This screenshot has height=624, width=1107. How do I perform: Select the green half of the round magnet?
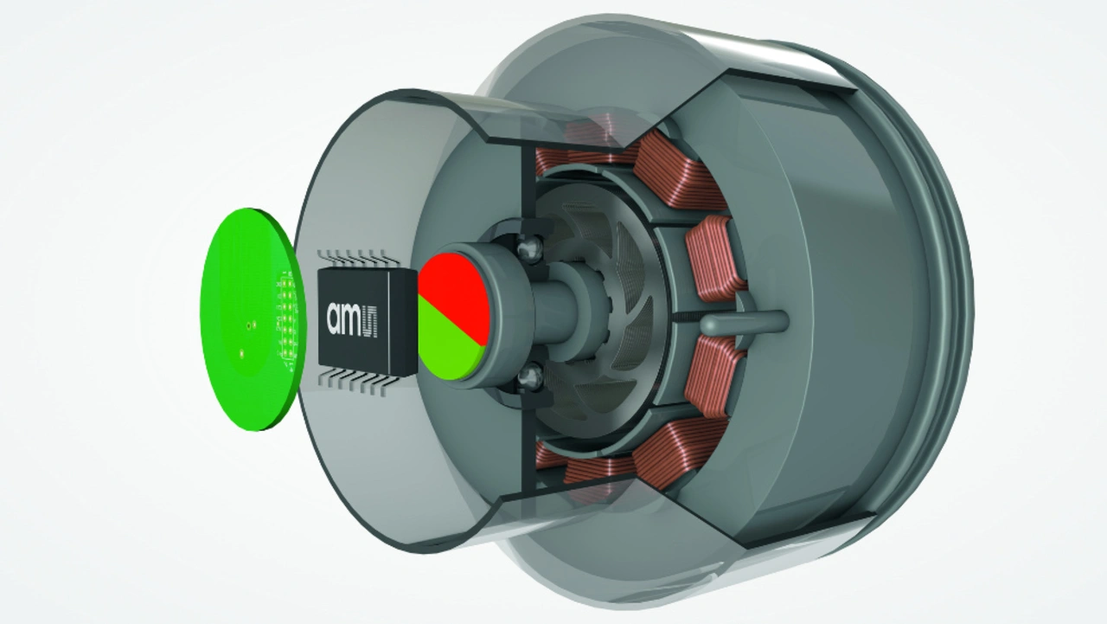(x=445, y=346)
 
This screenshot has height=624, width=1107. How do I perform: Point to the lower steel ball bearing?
(x=530, y=378)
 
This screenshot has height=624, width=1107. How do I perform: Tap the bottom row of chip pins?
(x=358, y=382)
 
